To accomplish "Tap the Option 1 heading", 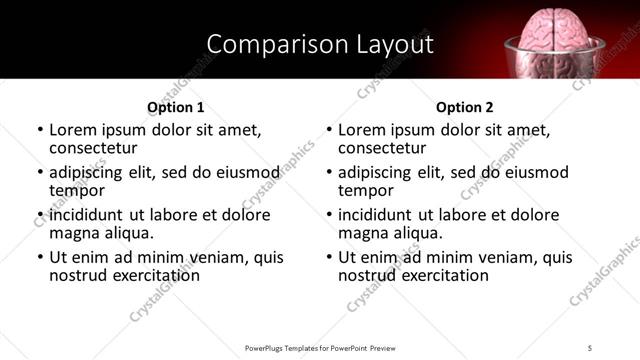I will point(175,107).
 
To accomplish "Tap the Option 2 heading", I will point(465,107).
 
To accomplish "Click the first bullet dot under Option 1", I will point(40,131).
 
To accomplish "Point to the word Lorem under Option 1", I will point(72,130).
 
